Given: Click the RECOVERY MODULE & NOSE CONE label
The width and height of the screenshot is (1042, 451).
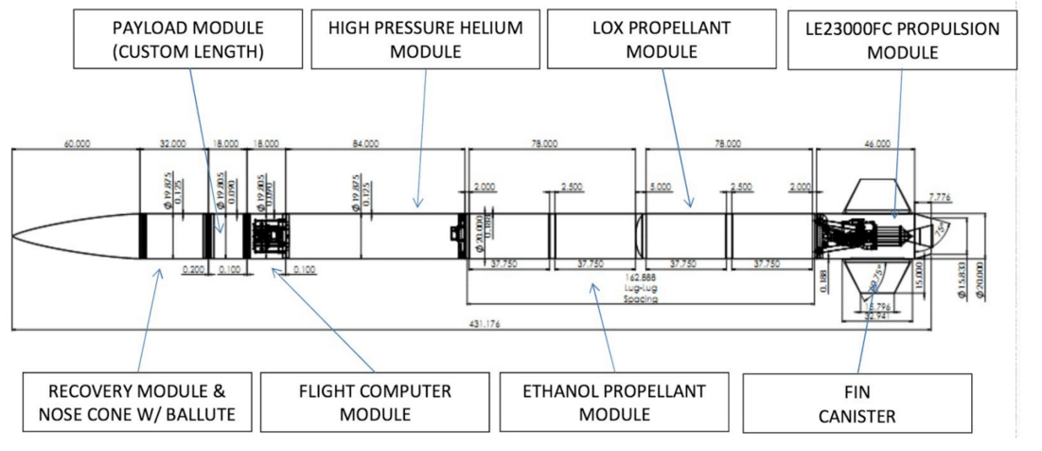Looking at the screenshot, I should click(x=137, y=402).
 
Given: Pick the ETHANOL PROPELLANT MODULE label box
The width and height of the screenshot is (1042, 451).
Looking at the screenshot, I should click(x=615, y=402).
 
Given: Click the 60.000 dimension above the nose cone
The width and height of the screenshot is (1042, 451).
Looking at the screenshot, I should click(x=77, y=144).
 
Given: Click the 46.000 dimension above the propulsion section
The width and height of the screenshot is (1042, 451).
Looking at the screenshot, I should click(x=876, y=144).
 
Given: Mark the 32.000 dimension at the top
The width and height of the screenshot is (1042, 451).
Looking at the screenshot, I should click(x=172, y=144).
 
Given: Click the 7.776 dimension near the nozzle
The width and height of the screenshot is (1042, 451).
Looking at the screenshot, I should click(x=941, y=196).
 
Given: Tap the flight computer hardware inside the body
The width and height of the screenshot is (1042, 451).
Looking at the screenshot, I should click(x=271, y=234).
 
